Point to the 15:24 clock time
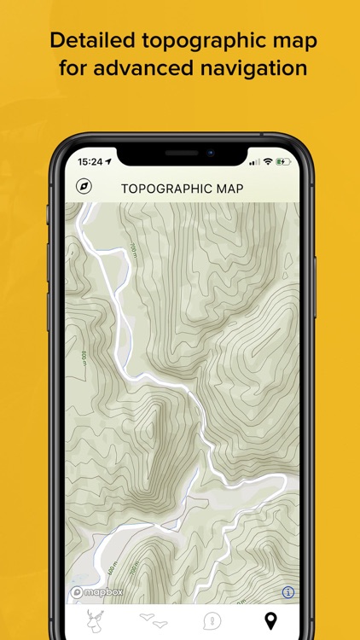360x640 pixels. (x=90, y=160)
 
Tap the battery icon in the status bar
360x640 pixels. (x=283, y=160)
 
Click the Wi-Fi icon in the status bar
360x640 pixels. (x=268, y=160)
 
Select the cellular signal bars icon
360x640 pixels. (x=254, y=161)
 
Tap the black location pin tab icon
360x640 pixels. (x=270, y=620)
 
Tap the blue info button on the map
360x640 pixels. (x=288, y=591)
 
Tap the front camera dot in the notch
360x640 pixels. (x=210, y=153)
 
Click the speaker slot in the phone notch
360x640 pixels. (x=181, y=153)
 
